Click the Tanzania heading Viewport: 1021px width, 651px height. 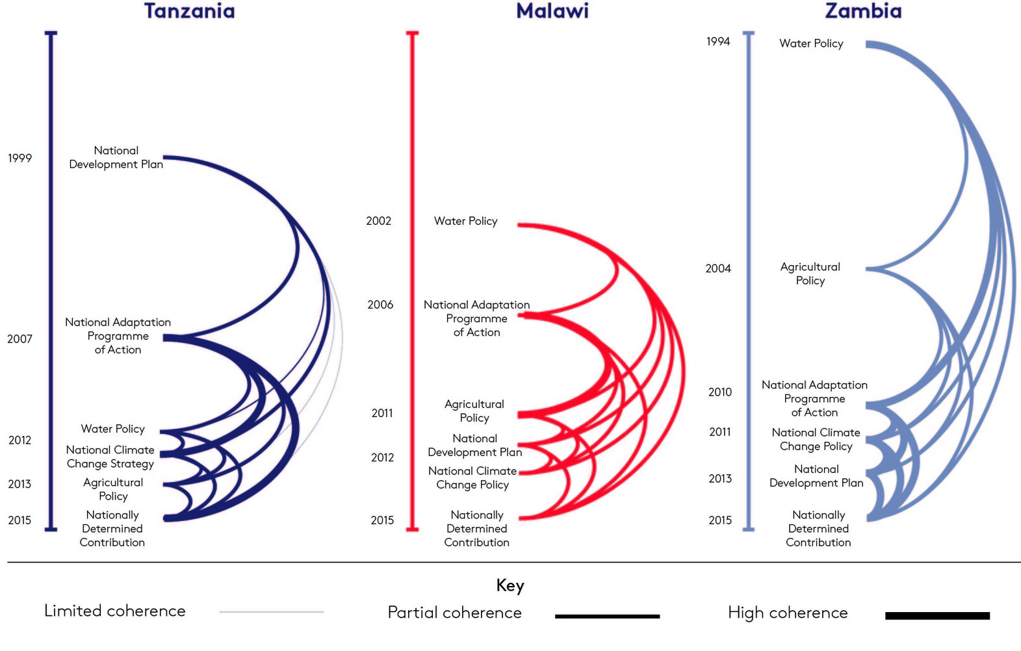tap(189, 11)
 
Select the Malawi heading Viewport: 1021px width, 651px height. tap(552, 11)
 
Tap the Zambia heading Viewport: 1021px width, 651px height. tap(863, 11)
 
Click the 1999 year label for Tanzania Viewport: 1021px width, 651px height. tap(19, 158)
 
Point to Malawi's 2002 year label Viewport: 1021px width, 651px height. tap(378, 221)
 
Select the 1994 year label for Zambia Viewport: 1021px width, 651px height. tap(718, 42)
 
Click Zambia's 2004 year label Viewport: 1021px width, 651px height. tap(718, 268)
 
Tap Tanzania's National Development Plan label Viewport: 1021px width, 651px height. tap(116, 157)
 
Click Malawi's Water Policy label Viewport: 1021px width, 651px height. tap(465, 221)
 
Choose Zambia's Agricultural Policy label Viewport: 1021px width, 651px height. tap(810, 274)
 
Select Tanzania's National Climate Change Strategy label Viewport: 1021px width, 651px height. tap(110, 457)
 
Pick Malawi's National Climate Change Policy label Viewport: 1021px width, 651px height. tap(472, 478)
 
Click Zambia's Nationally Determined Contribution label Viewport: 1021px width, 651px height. tap(818, 528)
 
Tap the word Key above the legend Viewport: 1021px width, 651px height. tap(510, 585)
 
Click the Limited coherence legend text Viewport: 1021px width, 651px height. tap(114, 611)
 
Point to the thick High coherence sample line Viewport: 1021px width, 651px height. tap(937, 615)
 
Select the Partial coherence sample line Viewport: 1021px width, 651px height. tap(607, 616)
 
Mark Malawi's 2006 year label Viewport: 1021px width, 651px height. tap(380, 305)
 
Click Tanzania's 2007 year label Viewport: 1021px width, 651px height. tap(19, 338)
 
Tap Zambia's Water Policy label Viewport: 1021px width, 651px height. tap(811, 44)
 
